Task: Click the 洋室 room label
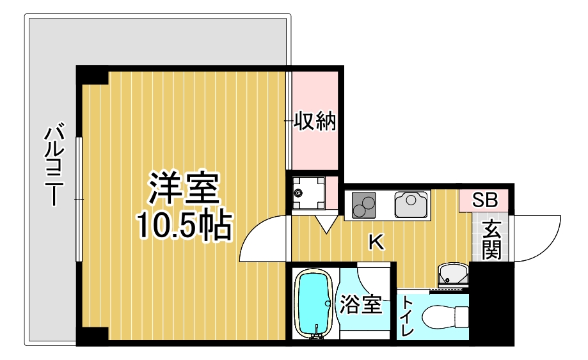(184, 189)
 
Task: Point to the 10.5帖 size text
(184, 225)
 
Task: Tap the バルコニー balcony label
(54, 164)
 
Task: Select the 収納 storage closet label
(314, 121)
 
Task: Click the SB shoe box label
(484, 200)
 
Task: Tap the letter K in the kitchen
(376, 242)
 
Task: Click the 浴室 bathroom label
(361, 304)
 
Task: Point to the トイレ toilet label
(407, 316)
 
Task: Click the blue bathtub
(314, 304)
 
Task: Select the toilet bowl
(445, 317)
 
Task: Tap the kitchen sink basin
(411, 204)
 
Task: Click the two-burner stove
(363, 205)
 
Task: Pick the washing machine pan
(308, 193)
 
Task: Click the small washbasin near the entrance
(453, 274)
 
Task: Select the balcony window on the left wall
(79, 200)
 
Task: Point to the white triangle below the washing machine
(326, 224)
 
